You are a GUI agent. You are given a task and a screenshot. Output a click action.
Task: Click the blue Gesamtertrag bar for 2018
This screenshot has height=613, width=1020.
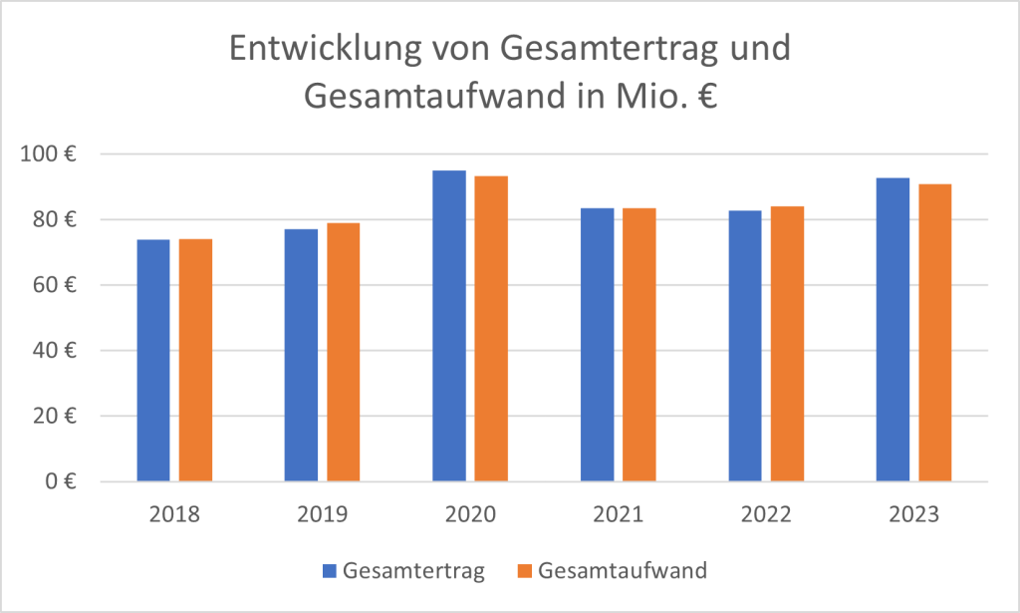pos(153,361)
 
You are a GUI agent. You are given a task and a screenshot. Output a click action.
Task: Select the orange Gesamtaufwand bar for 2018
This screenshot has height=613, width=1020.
pos(195,361)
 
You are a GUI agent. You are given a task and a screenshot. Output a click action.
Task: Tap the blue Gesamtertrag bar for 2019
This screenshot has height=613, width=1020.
pos(301,356)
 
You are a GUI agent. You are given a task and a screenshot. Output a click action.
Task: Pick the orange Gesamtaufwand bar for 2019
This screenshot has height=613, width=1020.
pos(343,353)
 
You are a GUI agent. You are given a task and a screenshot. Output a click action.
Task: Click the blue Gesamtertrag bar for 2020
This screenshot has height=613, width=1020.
pos(448,326)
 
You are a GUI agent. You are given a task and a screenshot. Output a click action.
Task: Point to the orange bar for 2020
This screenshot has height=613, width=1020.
pos(491,329)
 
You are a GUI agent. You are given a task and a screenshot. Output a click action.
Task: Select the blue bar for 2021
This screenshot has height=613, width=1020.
pos(597,345)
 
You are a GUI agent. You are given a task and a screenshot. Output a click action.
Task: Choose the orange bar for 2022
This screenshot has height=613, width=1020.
pos(786,344)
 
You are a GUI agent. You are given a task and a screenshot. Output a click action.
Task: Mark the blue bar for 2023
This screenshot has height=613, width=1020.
pos(892,330)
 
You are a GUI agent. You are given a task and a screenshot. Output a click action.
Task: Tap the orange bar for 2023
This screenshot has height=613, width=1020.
pos(934,333)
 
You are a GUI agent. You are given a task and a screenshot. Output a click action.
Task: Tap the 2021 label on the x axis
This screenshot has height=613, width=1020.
pos(618,515)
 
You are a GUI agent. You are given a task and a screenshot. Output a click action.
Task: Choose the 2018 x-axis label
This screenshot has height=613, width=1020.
pos(174,515)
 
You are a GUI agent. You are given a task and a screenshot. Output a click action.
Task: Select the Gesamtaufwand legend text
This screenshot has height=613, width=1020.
pos(623,571)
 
